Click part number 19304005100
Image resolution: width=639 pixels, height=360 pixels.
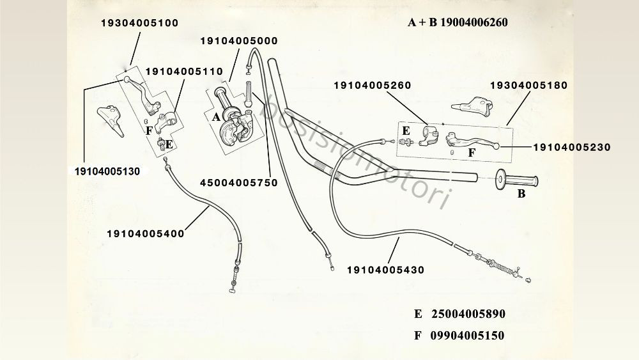140,23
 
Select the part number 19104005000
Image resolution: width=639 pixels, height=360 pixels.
239,41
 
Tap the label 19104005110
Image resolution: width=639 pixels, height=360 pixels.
184,72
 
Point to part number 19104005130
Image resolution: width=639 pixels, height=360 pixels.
107,171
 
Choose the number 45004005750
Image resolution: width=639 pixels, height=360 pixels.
239,183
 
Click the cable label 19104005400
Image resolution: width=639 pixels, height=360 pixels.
146,233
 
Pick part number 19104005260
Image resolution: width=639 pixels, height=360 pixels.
373,86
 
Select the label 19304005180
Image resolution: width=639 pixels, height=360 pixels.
528,85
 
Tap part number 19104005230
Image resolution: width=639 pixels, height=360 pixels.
572,147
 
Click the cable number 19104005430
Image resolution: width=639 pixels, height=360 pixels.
385,270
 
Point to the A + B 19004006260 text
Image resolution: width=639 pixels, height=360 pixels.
458,22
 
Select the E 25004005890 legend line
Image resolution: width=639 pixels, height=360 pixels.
459,314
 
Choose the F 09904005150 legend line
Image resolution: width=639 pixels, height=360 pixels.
459,336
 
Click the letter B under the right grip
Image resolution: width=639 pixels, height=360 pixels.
521,194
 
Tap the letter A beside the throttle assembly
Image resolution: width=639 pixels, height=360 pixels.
216,118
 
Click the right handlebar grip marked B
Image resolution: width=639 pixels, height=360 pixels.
516,180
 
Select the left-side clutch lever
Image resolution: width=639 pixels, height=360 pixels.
142,94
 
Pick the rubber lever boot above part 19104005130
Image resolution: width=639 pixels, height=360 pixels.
111,120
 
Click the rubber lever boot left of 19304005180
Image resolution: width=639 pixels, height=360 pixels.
472,106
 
